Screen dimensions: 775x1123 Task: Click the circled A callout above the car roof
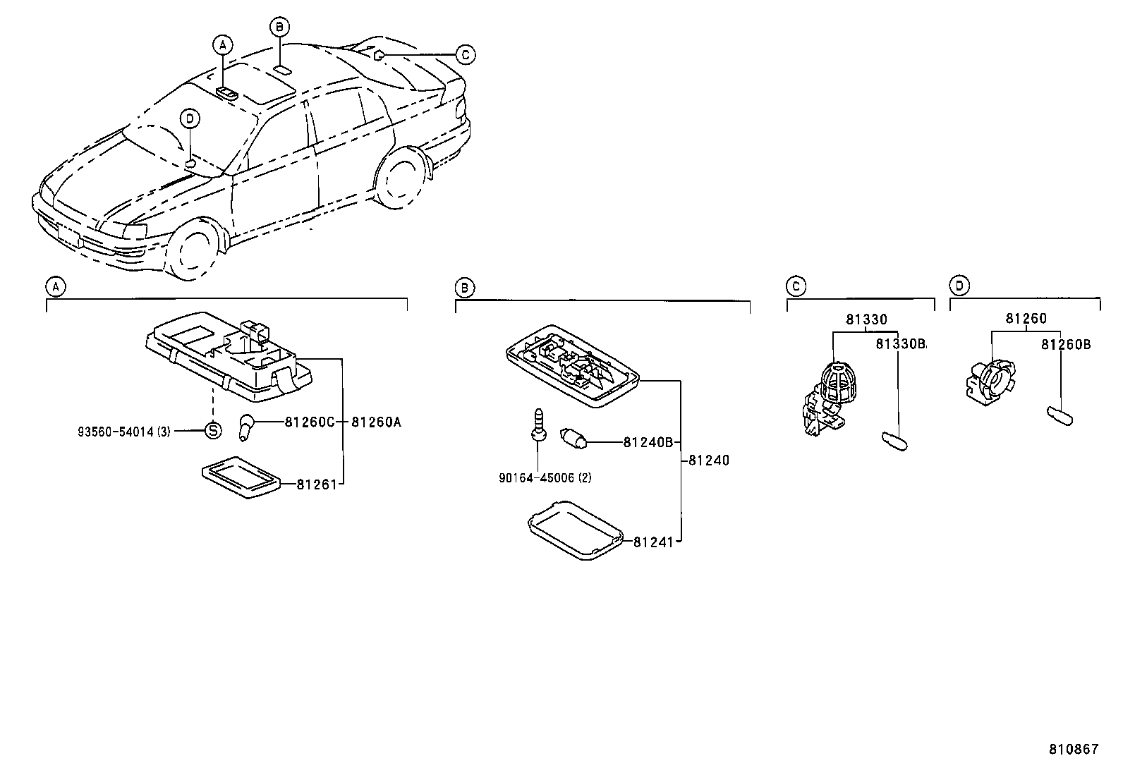click(222, 44)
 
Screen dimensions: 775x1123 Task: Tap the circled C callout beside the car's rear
click(464, 54)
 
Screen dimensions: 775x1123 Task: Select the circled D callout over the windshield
click(190, 118)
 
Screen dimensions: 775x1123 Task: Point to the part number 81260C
click(310, 422)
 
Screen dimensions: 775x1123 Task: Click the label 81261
click(315, 484)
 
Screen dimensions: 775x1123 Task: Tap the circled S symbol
click(213, 430)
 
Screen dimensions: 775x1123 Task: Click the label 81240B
click(648, 442)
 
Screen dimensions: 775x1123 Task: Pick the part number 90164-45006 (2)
click(545, 477)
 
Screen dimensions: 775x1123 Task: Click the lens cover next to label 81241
click(575, 529)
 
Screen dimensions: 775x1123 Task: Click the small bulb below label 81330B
click(897, 440)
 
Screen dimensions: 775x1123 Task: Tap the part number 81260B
click(1066, 344)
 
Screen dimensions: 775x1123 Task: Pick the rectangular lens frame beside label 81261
click(239, 481)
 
